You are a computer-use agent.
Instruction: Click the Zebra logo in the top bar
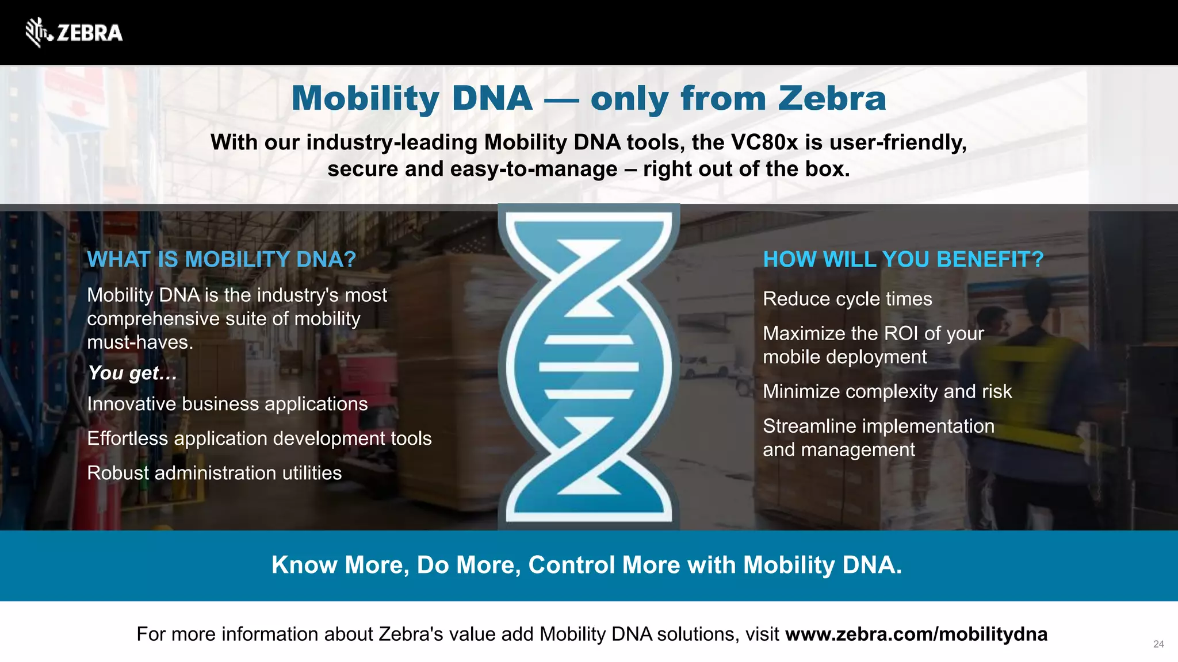[74, 32]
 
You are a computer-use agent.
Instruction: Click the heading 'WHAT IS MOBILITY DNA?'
[221, 260]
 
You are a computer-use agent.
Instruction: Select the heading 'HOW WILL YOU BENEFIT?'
[903, 260]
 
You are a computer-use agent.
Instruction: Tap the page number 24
[1158, 644]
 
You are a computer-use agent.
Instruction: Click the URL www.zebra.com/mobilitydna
[916, 634]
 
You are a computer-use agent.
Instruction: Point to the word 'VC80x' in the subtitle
[764, 143]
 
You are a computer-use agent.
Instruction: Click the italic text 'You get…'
[132, 373]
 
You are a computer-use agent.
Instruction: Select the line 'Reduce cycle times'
[847, 299]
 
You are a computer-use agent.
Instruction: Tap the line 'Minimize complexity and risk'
[887, 392]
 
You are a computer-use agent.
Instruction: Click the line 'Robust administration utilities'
[214, 473]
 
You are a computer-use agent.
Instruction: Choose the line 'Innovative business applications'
[227, 404]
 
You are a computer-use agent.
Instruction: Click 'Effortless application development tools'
[259, 438]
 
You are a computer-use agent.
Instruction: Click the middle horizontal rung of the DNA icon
[588, 367]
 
